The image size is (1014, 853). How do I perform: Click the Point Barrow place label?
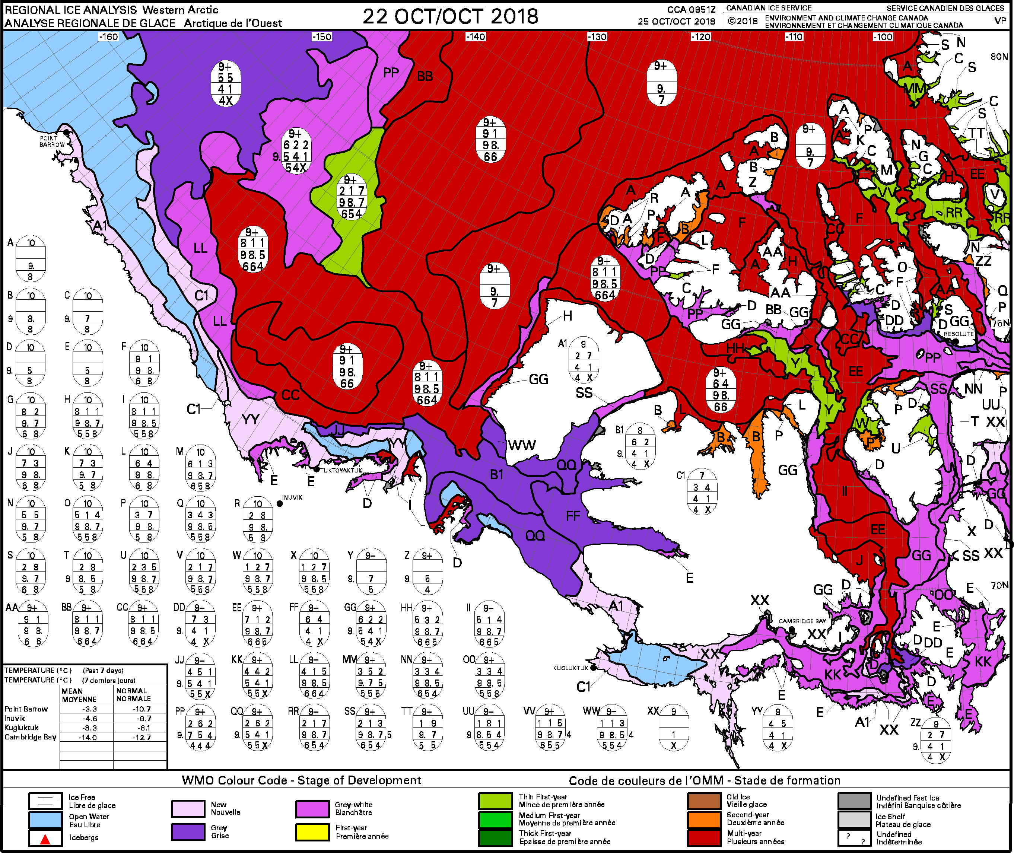[52, 141]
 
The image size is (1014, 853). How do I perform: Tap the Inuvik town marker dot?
[280, 503]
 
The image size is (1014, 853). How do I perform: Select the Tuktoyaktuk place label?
[341, 470]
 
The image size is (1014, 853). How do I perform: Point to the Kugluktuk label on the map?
[570, 668]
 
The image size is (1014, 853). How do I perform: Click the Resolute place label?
[959, 334]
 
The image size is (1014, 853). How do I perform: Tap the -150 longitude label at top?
[322, 37]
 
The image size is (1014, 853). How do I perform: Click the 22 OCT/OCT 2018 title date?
[450, 16]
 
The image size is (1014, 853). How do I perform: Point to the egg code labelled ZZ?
[936, 740]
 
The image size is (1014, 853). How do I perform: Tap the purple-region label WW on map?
[522, 445]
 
